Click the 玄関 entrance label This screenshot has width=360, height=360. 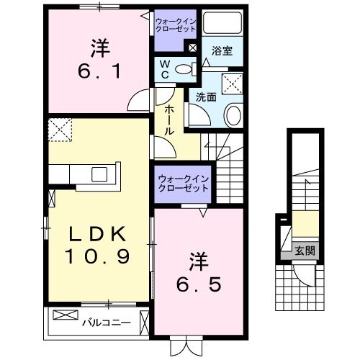tap(305, 251)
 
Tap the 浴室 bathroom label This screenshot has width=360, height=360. tap(222, 51)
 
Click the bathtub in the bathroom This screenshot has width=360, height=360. tap(222, 22)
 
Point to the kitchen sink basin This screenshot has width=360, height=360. tap(99, 174)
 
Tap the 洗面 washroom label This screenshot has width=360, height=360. tap(206, 97)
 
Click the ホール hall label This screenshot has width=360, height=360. tap(169, 120)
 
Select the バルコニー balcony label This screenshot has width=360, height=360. tap(107, 323)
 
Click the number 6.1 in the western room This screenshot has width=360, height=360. tap(99, 72)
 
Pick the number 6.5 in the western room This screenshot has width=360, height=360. tap(199, 285)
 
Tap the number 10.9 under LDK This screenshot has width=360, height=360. tap(97, 256)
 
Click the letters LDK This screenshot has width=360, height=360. tap(97, 234)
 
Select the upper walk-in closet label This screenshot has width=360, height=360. tap(176, 25)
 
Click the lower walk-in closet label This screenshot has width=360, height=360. tap(183, 184)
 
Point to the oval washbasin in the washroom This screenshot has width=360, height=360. tap(233, 115)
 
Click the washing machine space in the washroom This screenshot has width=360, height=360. tap(233, 84)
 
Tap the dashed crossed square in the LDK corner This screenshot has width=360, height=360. tap(60, 130)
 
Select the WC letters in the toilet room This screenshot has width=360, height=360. tap(165, 70)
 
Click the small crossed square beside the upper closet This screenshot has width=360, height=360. tap(192, 48)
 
